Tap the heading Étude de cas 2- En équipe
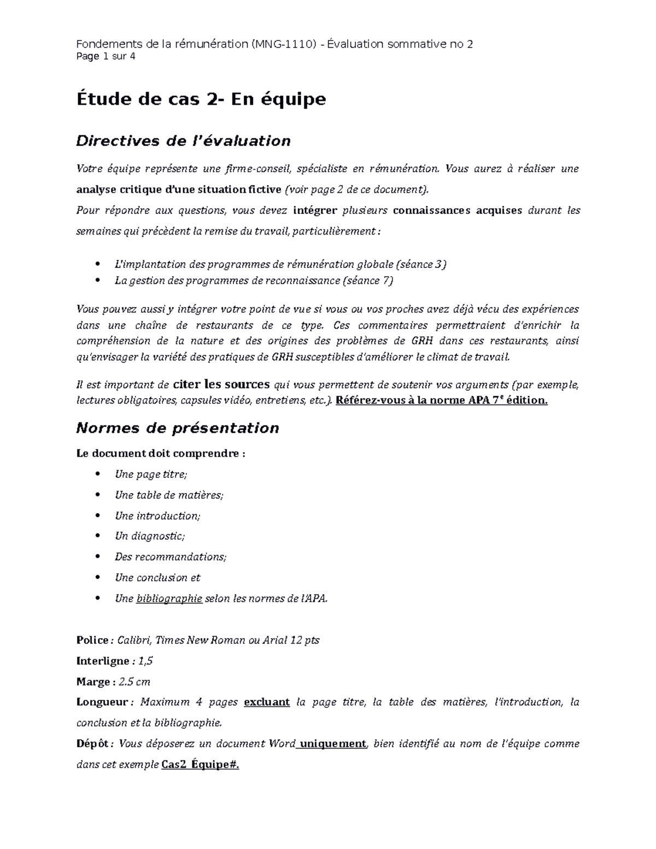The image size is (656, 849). tap(201, 99)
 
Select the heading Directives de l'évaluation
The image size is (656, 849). tap(183, 141)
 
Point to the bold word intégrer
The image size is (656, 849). tap(315, 210)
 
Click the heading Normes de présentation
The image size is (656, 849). tap(178, 428)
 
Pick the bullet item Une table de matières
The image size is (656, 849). tap(169, 495)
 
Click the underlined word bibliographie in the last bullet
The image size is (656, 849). tap(169, 599)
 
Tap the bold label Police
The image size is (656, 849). tap(93, 640)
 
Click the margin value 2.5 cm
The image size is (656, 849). tap(134, 682)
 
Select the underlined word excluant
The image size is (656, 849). tap(266, 702)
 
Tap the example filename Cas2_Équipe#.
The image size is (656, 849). tap(201, 765)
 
